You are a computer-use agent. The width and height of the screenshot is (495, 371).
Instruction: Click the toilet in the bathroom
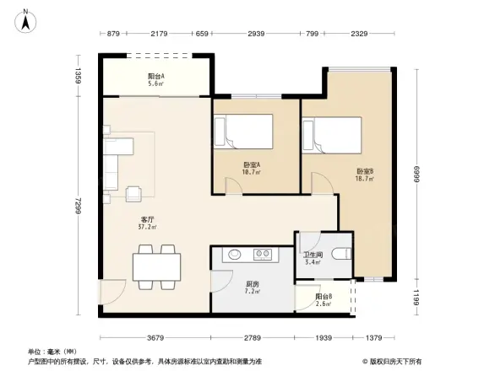click(x=340, y=253)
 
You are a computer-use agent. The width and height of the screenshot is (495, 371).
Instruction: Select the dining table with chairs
click(x=155, y=266)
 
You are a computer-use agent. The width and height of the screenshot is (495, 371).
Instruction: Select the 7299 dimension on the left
click(x=77, y=206)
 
